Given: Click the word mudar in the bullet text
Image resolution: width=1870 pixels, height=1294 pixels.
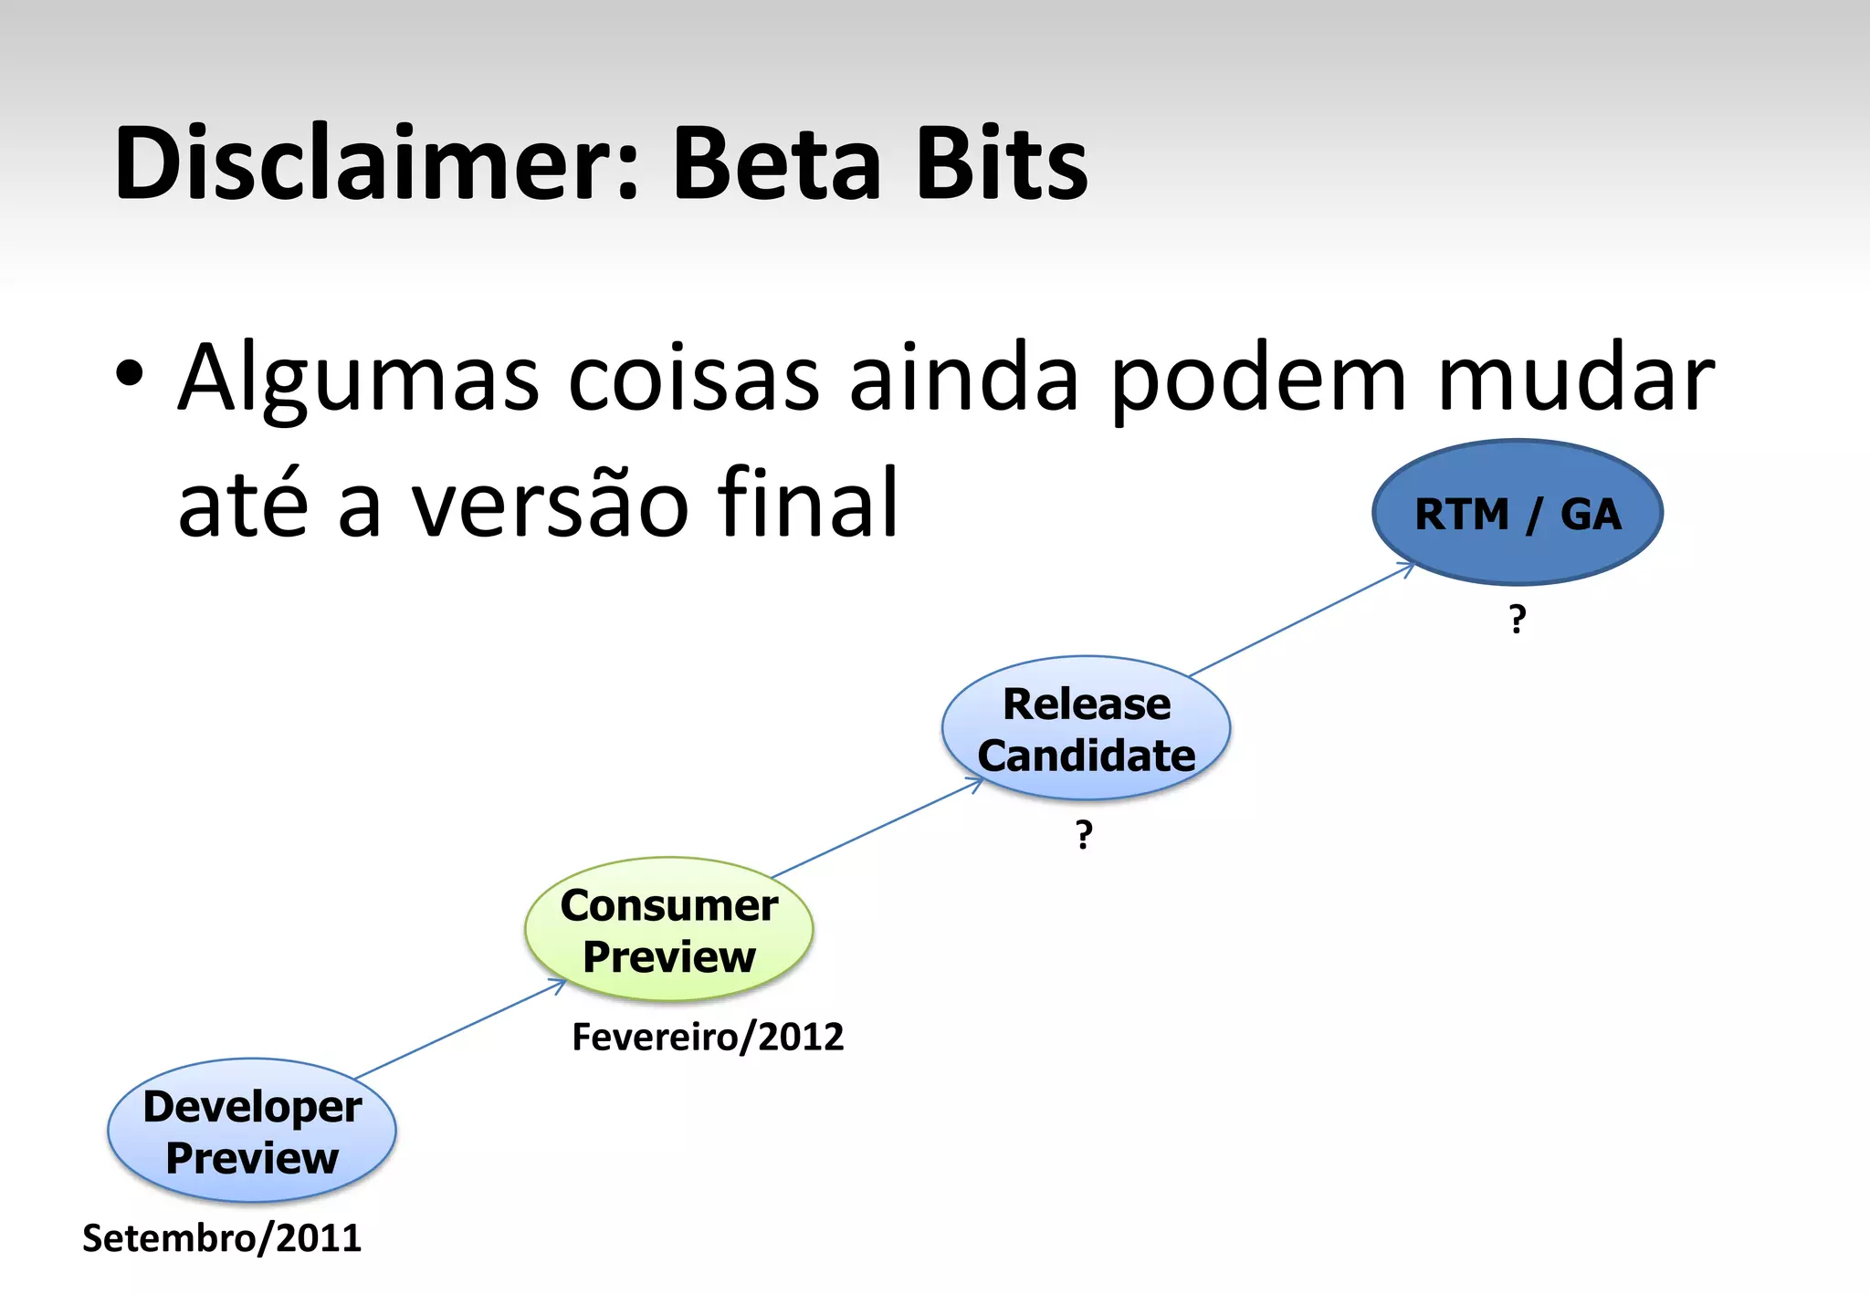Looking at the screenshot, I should tap(1576, 379).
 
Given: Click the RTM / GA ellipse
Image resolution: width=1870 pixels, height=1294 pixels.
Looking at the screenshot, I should tap(1518, 513).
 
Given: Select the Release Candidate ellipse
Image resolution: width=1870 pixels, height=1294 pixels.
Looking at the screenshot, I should tap(1086, 728).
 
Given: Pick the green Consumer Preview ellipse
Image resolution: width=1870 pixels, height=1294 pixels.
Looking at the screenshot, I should tap(668, 929).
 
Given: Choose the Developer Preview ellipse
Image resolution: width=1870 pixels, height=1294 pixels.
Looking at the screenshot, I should tap(252, 1131).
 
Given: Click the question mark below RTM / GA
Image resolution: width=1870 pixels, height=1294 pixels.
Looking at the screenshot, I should tap(1518, 620).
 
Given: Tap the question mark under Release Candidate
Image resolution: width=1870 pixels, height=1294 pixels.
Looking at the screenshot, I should tap(1084, 834).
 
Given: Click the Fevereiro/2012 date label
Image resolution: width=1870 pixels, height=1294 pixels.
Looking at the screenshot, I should tap(708, 1038).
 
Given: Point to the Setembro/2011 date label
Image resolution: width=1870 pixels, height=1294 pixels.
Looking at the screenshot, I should tap(222, 1238).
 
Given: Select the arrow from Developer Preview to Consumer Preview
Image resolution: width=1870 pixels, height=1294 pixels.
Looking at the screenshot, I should tap(461, 1028).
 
